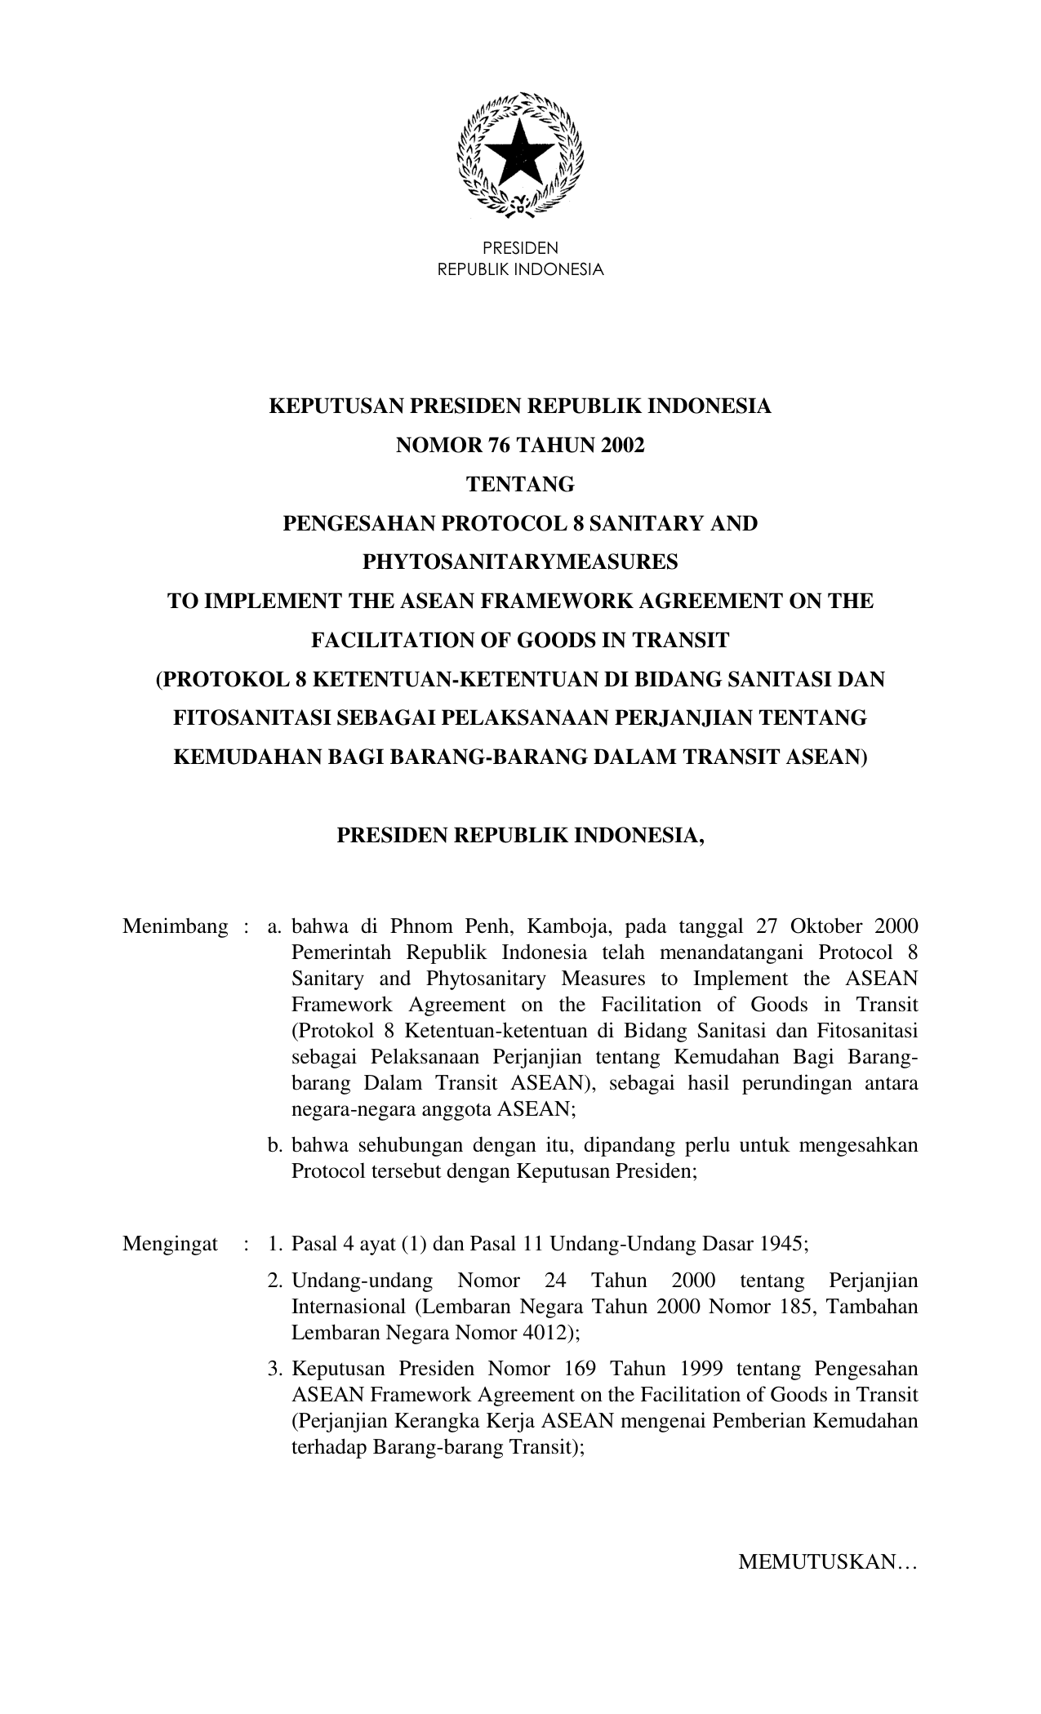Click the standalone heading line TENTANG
coord(520,485)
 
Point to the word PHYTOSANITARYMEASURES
coord(520,562)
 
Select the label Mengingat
coord(170,1244)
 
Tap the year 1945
coord(781,1244)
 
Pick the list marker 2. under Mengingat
coord(275,1281)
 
